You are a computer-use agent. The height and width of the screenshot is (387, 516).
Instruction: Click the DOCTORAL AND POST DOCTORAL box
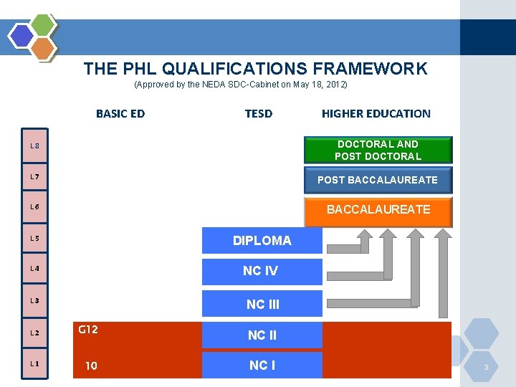[378, 150]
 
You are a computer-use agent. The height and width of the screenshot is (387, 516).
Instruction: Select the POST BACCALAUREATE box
[378, 180]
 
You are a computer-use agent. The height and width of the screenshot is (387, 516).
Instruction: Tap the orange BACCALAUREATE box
[378, 210]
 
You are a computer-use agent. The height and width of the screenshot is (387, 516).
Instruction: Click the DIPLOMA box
[262, 241]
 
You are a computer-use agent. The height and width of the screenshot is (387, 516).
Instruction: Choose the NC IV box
[262, 271]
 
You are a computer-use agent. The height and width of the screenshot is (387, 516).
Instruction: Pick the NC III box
[262, 304]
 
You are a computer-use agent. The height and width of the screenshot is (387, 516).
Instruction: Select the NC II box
[262, 335]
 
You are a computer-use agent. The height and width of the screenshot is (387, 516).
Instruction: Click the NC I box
[262, 365]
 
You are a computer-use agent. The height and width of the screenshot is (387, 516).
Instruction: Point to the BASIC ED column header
[120, 113]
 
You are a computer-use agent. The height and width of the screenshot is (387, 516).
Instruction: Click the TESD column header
[259, 113]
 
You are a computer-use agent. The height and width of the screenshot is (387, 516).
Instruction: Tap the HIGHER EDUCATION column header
[376, 113]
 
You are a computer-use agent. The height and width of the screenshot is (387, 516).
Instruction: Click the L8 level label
[34, 146]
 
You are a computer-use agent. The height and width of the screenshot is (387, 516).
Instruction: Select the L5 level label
[34, 238]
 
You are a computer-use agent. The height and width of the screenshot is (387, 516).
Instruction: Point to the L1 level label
[34, 363]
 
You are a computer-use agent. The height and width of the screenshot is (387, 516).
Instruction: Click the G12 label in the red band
[88, 330]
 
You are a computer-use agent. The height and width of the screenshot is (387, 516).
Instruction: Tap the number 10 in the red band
[91, 366]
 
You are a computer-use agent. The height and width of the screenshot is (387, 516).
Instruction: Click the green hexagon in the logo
[44, 25]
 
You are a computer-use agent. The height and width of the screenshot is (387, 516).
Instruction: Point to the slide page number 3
[486, 368]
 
